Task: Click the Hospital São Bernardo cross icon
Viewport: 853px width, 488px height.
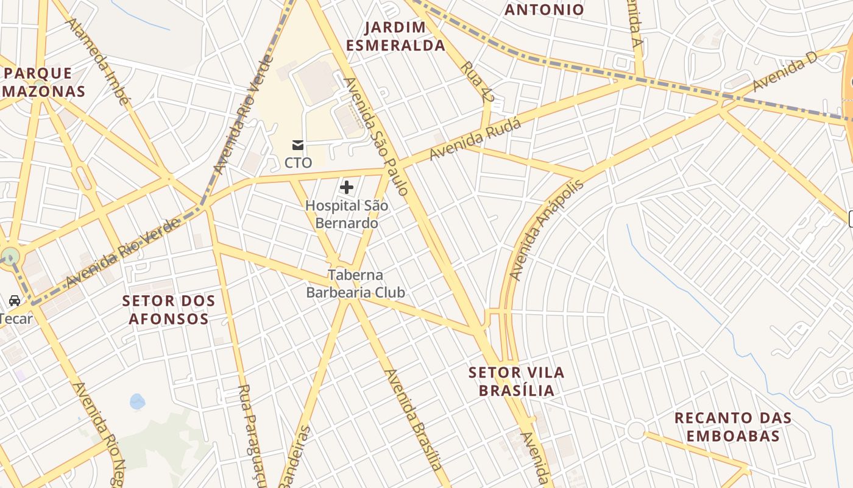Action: pos(347,187)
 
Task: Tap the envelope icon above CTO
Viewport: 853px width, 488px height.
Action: pos(298,145)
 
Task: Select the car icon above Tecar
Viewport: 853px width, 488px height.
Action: pos(15,300)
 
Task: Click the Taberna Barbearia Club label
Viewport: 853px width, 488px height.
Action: pos(355,284)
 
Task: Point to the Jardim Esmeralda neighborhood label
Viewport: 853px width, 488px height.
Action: pos(404,36)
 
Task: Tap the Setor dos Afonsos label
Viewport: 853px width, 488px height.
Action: pos(169,309)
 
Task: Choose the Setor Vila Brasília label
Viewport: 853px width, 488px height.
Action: pos(517,381)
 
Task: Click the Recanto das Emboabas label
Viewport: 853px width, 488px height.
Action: pos(733,427)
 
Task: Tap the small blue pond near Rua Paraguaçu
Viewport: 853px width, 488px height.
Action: pos(138,401)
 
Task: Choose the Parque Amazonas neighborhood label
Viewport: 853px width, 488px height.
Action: pos(43,82)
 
